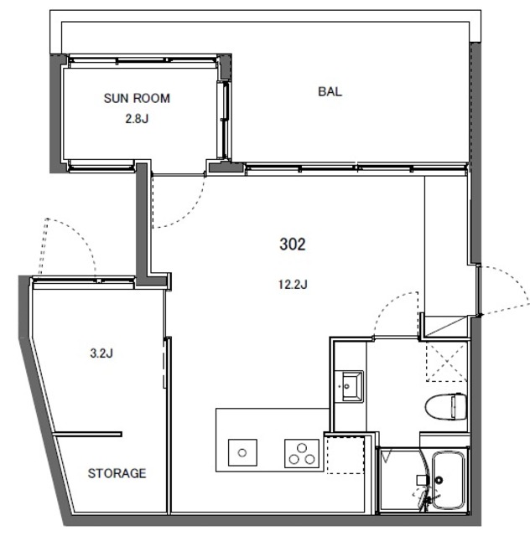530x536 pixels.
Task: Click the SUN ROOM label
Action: click(137, 99)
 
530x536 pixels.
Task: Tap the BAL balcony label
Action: click(330, 91)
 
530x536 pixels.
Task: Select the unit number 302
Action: click(293, 244)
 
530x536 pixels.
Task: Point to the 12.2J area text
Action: click(293, 284)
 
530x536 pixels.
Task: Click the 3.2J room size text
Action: click(101, 353)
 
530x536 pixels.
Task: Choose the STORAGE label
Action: click(117, 473)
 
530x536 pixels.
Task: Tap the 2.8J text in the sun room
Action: click(137, 119)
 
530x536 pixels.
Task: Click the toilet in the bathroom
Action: click(446, 406)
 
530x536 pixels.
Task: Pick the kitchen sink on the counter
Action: click(242, 452)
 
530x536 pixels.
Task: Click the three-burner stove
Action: click(302, 453)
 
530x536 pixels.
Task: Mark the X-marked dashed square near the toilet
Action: click(446, 361)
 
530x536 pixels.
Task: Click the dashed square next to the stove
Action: click(346, 455)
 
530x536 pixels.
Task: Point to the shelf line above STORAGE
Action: click(88, 435)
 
